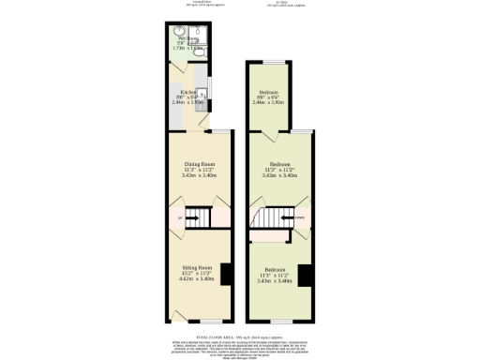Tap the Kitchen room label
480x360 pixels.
point(187,92)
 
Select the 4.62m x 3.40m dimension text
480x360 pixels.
point(197,279)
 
